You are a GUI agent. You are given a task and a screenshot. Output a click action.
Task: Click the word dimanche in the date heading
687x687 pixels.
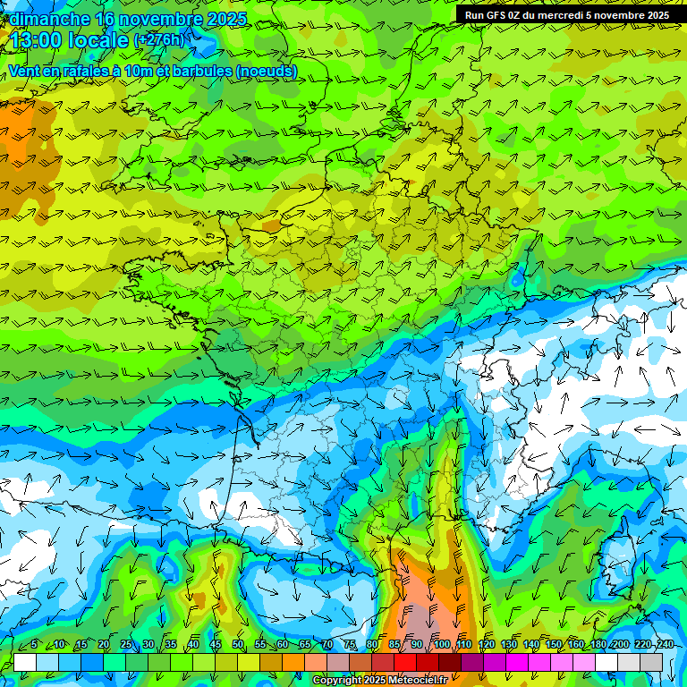pyautogui.click(x=49, y=19)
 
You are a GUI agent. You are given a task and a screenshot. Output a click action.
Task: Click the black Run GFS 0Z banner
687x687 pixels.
pyautogui.click(x=566, y=15)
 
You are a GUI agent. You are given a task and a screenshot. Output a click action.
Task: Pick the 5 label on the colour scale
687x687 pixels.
pyautogui.click(x=34, y=644)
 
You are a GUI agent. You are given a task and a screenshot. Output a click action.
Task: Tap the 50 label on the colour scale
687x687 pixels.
pyautogui.click(x=238, y=644)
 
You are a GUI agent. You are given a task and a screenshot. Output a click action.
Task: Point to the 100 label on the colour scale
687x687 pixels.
pyautogui.click(x=441, y=644)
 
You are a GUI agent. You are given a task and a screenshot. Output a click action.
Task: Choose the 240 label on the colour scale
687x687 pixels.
pyautogui.click(x=666, y=644)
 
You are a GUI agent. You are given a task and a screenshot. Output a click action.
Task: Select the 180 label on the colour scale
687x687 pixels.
pyautogui.click(x=597, y=644)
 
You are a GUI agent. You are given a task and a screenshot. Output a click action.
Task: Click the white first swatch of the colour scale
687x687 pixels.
pyautogui.click(x=25, y=662)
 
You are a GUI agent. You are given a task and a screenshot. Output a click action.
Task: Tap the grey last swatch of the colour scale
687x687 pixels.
pyautogui.click(x=651, y=662)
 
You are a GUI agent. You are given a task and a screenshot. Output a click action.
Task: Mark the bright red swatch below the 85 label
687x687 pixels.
pyautogui.click(x=405, y=662)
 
